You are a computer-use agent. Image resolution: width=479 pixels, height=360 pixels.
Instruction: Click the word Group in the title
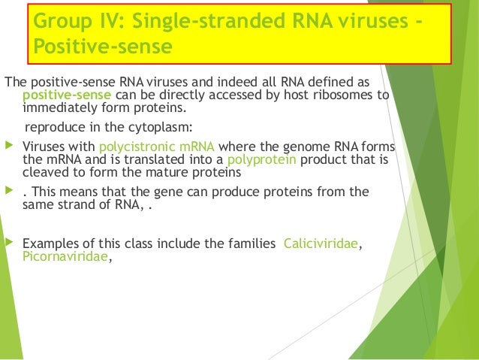(60, 20)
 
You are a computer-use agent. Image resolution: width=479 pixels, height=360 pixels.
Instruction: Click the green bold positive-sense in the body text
(68, 95)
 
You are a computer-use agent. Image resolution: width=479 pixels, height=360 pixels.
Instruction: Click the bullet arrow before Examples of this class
(9, 244)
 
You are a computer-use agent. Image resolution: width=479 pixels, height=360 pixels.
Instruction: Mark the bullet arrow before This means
(9, 192)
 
